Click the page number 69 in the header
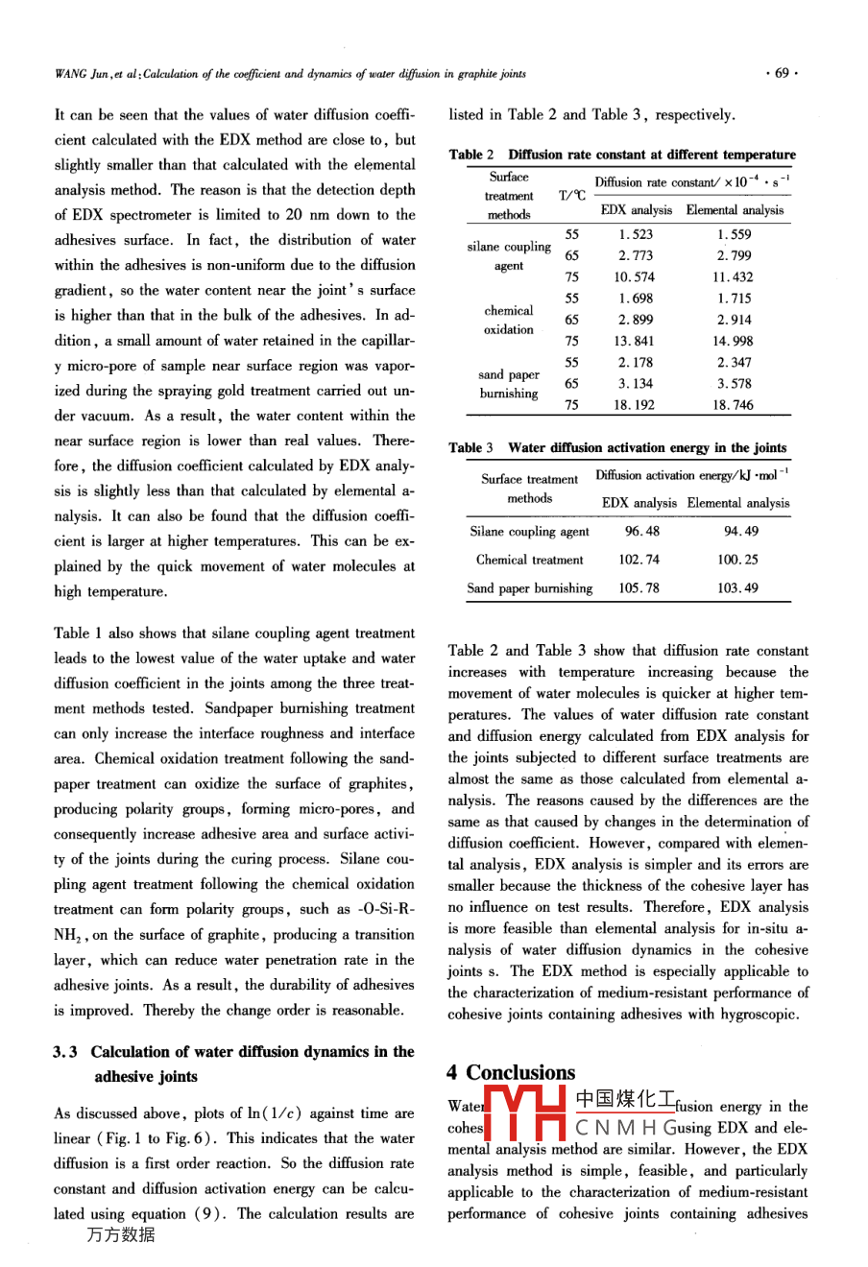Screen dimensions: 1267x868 pyautogui.click(x=782, y=74)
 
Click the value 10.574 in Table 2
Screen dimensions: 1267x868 pyautogui.click(x=635, y=277)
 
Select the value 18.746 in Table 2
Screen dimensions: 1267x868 pyautogui.click(x=735, y=405)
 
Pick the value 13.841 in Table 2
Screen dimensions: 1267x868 pyautogui.click(x=635, y=341)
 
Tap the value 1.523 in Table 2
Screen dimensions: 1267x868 pyautogui.click(x=635, y=234)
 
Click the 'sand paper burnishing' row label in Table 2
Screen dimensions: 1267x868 pyautogui.click(x=509, y=384)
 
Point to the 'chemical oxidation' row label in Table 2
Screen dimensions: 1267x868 pyautogui.click(x=509, y=320)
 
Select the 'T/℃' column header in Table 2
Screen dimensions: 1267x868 pyautogui.click(x=572, y=196)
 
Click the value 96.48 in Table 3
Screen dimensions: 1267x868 pyautogui.click(x=642, y=531)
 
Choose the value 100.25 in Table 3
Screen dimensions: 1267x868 pyautogui.click(x=737, y=560)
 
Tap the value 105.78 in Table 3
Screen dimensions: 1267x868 pyautogui.click(x=639, y=588)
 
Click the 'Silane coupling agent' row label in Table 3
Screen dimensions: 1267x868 pyautogui.click(x=529, y=531)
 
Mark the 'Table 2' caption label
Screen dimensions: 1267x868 pyautogui.click(x=471, y=155)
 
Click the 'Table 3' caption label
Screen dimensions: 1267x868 pyautogui.click(x=471, y=447)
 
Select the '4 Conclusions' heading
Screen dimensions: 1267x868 pyautogui.click(x=511, y=1072)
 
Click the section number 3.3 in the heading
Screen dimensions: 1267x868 pyautogui.click(x=65, y=1052)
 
